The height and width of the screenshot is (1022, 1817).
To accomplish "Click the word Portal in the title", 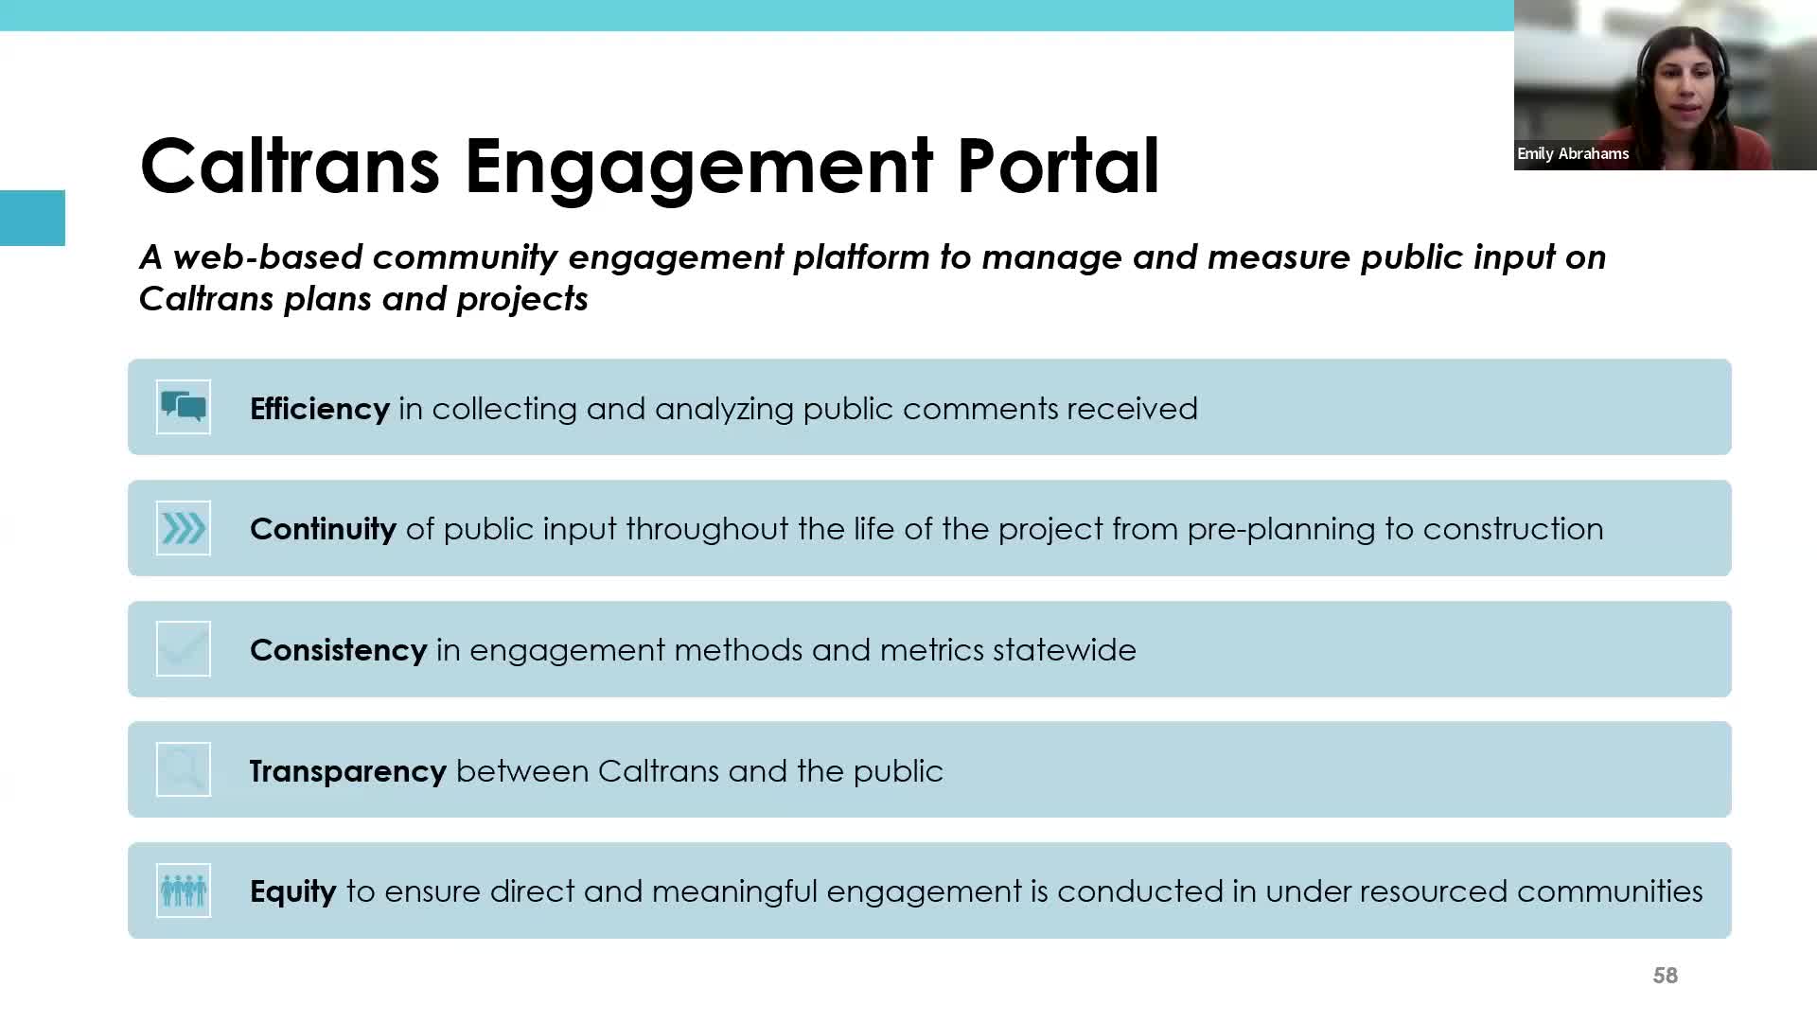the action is point(1058,166).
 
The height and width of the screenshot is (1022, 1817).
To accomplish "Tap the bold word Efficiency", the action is point(320,409).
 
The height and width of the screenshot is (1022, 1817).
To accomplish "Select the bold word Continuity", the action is point(323,529).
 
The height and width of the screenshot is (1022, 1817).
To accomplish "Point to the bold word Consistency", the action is point(338,650).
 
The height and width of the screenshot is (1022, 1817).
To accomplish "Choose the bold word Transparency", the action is point(348,771).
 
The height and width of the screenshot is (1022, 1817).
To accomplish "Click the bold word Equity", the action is point(293,891).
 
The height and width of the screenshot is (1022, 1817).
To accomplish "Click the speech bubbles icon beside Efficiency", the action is point(184,407).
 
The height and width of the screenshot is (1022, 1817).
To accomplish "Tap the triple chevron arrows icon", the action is point(184,528).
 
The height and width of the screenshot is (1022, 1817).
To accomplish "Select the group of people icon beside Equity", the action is point(184,890).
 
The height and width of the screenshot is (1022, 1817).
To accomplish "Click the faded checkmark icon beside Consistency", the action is point(184,649).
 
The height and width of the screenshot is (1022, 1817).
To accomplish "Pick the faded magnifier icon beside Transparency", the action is point(184,769).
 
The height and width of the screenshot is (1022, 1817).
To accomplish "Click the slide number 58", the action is point(1666,976).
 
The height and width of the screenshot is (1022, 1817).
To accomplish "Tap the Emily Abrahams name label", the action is point(1573,153).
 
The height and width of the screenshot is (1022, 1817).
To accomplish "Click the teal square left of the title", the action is point(32,218).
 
